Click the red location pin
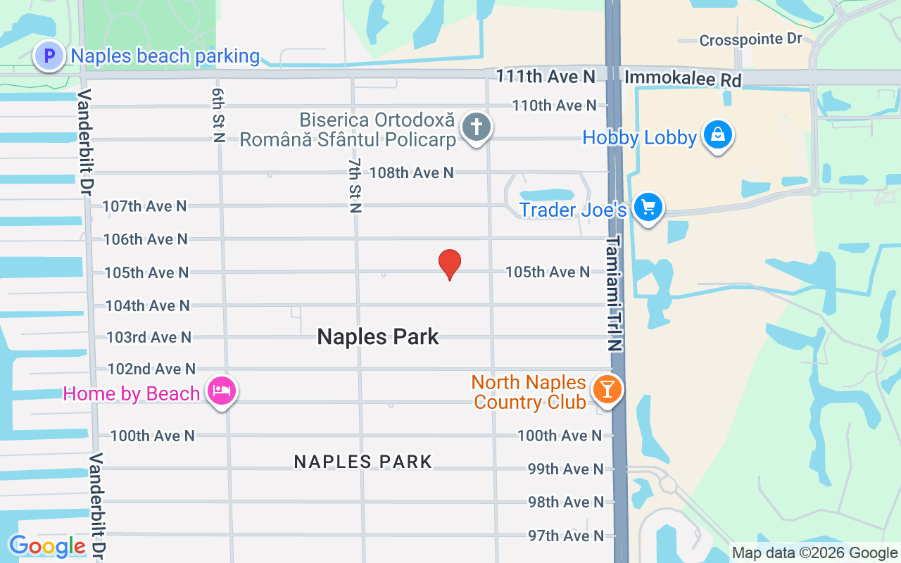click(x=450, y=264)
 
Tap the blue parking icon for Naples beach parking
click(x=49, y=56)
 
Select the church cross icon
click(x=477, y=127)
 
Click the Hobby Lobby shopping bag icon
click(x=718, y=134)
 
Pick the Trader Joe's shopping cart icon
click(x=648, y=207)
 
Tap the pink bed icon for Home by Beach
click(x=222, y=390)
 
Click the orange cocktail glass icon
click(x=607, y=388)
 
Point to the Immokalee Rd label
click(x=683, y=79)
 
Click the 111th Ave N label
click(x=546, y=75)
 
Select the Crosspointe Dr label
click(x=750, y=39)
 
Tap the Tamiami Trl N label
click(x=615, y=293)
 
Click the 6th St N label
click(x=218, y=115)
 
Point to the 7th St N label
click(x=355, y=185)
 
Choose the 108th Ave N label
click(x=411, y=172)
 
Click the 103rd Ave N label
click(x=149, y=337)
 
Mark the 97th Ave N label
click(x=566, y=536)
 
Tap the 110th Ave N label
click(x=554, y=106)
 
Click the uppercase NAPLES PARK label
click(x=363, y=462)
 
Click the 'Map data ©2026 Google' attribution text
click(x=814, y=553)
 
